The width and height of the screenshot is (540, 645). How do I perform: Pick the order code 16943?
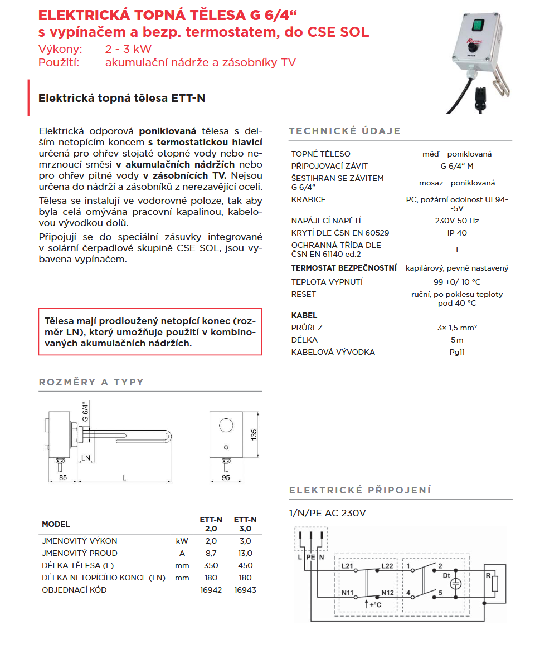(x=245, y=589)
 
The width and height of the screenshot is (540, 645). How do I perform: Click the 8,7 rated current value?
(x=211, y=553)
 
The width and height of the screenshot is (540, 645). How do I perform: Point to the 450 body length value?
(x=245, y=565)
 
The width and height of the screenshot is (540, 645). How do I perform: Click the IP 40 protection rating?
(x=457, y=233)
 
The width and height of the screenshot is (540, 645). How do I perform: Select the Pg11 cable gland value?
(x=457, y=352)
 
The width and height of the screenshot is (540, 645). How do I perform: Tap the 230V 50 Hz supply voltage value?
(x=457, y=221)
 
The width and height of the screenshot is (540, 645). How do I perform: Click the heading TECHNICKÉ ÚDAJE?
(x=344, y=131)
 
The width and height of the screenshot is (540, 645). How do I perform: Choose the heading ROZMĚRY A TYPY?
(x=91, y=382)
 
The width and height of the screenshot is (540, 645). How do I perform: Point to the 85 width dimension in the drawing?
(x=63, y=477)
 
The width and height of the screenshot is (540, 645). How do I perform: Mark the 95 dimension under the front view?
(x=226, y=477)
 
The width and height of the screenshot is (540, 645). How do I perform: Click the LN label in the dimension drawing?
(x=86, y=457)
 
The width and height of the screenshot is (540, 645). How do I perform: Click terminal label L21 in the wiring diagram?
(x=348, y=566)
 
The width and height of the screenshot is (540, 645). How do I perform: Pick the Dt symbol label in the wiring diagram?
(x=446, y=574)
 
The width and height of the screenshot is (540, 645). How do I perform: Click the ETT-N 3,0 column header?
(x=245, y=524)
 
